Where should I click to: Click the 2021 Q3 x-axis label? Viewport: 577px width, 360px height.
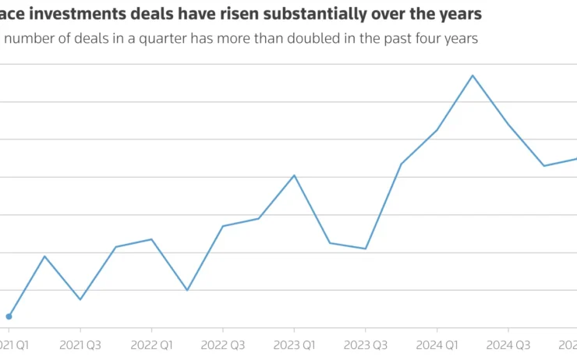(80, 344)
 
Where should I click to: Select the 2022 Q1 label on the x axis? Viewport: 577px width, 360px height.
(151, 344)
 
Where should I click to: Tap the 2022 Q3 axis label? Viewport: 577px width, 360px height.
(223, 344)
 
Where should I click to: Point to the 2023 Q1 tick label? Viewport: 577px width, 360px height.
(294, 344)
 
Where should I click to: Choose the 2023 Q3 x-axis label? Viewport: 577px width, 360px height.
(366, 344)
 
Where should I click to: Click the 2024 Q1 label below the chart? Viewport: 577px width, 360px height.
(437, 344)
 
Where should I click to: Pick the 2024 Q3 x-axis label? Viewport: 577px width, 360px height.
(508, 344)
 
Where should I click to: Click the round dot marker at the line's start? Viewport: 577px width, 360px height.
(9, 316)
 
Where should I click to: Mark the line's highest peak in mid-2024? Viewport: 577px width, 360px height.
(473, 76)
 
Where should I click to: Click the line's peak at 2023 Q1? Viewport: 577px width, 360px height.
(294, 175)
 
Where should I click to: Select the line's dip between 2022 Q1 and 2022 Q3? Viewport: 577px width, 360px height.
(187, 290)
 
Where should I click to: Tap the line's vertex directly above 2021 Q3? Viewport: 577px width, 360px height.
(80, 299)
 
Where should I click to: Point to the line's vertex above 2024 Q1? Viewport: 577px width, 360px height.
(437, 130)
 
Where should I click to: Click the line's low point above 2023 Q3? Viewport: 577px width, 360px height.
(366, 249)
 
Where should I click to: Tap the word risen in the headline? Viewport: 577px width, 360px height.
(235, 14)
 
